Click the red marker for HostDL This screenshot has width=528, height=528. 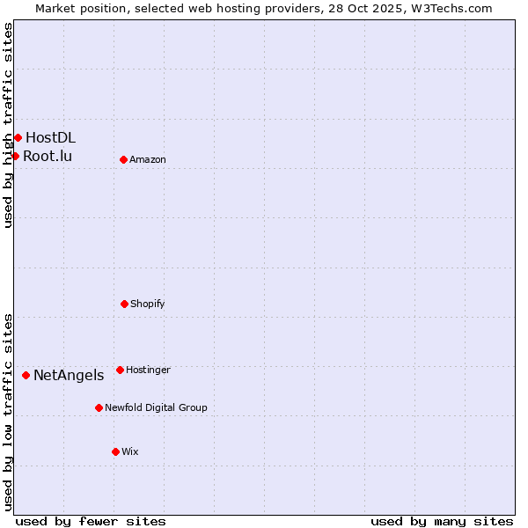click(18, 137)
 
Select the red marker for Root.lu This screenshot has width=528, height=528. click(15, 156)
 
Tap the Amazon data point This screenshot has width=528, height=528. click(123, 159)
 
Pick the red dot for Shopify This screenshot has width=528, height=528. click(124, 304)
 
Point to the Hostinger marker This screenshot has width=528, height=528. click(120, 370)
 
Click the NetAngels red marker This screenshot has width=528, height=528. click(26, 375)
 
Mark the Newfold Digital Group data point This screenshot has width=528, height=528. click(99, 407)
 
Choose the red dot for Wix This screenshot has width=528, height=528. click(115, 451)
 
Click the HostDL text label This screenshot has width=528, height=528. click(50, 137)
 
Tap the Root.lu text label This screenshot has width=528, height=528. click(48, 157)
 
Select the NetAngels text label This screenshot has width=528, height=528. click(69, 376)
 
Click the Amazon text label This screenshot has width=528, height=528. click(148, 159)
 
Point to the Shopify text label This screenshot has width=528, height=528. click(148, 304)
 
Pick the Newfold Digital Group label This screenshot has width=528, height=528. click(156, 407)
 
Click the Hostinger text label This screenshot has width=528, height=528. click(148, 370)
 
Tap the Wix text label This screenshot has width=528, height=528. click(130, 451)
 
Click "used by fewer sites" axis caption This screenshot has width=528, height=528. click(91, 521)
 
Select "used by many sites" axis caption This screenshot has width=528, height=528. click(442, 521)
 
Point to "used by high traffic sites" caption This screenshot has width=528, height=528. click(8, 125)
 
